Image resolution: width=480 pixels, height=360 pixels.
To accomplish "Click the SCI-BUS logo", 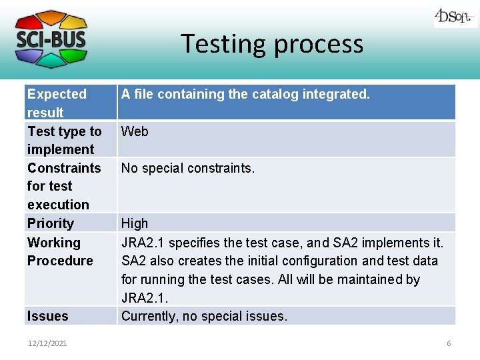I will click(51, 39).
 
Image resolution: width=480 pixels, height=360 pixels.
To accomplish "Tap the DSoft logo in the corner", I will click(455, 17).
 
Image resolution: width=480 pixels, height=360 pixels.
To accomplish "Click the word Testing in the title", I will click(224, 44).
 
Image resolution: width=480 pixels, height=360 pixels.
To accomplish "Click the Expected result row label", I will click(57, 103).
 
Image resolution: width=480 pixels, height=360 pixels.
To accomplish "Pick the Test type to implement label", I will click(64, 140).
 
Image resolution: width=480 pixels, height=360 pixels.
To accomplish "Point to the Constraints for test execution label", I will click(63, 186).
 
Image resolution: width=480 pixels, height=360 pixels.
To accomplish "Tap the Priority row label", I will click(51, 223).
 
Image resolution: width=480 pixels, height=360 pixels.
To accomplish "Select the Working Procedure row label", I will click(60, 251).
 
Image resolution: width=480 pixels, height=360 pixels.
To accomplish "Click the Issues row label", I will click(48, 316).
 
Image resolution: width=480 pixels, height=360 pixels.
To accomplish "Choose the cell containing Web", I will click(135, 131).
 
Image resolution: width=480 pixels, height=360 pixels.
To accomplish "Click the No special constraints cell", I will click(188, 168).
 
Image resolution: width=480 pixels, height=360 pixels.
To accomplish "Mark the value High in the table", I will click(135, 223).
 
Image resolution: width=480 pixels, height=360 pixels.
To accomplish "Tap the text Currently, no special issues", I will click(204, 316).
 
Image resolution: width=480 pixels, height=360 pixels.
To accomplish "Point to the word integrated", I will click(336, 94).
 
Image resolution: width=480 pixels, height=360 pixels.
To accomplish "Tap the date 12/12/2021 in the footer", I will click(47, 343).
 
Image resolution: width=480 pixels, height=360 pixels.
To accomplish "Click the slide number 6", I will click(449, 343).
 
